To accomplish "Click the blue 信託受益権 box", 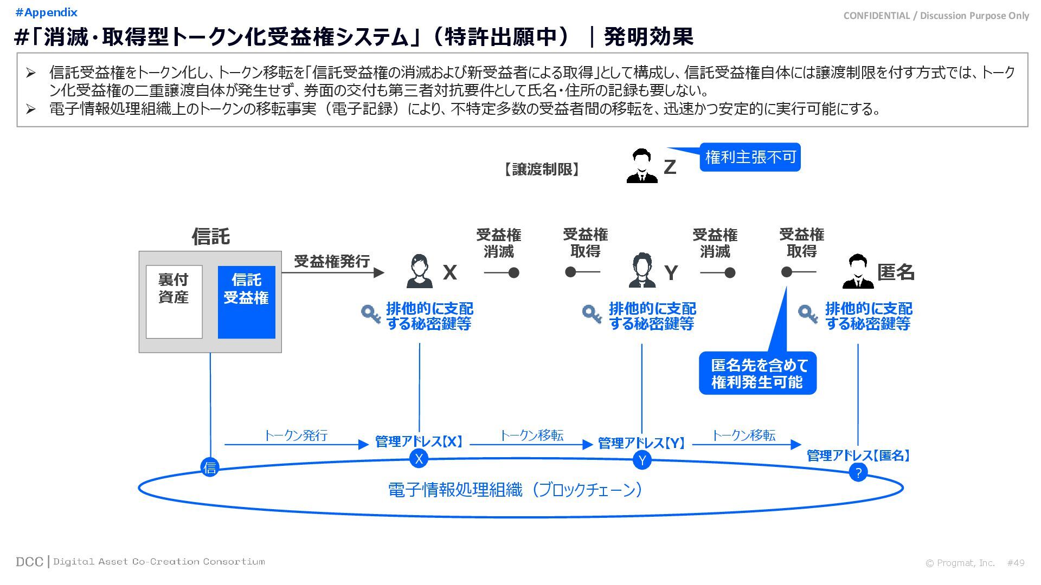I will coord(246,302).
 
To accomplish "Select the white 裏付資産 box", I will coord(174,302).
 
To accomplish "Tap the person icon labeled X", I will coord(419,271).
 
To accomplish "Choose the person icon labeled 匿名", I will coord(858,271).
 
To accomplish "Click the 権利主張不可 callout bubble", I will coord(750,157).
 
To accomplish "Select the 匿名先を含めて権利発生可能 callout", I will coord(757,373).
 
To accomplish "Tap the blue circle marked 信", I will coord(210,467).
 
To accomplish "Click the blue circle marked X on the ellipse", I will coord(419,459).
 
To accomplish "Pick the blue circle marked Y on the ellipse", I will coord(642,460).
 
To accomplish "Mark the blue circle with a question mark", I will coord(858,473).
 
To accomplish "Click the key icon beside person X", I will coord(371,314).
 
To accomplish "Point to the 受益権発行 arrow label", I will coord(332,261).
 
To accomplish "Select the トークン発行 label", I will coord(296,435).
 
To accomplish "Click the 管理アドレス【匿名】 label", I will coord(858,456).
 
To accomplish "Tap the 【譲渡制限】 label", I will coord(542,170).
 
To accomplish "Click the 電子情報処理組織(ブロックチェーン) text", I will coord(516,490).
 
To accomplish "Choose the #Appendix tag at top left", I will coord(47,12).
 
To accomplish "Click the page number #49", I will coord(1016,563).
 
